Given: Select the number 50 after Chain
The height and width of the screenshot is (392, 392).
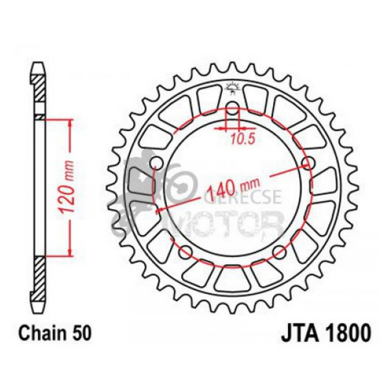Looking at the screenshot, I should (x=82, y=334).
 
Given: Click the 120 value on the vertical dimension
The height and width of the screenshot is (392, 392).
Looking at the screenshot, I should (x=70, y=196).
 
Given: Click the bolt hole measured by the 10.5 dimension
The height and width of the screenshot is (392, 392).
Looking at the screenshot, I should (x=232, y=108).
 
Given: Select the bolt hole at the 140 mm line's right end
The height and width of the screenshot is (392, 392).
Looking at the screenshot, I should (x=307, y=163).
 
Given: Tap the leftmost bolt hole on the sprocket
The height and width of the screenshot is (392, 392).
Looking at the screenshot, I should (x=156, y=163).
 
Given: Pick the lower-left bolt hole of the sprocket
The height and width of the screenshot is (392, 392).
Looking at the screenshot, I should (x=185, y=250).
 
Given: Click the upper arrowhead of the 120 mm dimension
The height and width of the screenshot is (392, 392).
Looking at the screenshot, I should (x=70, y=122).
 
